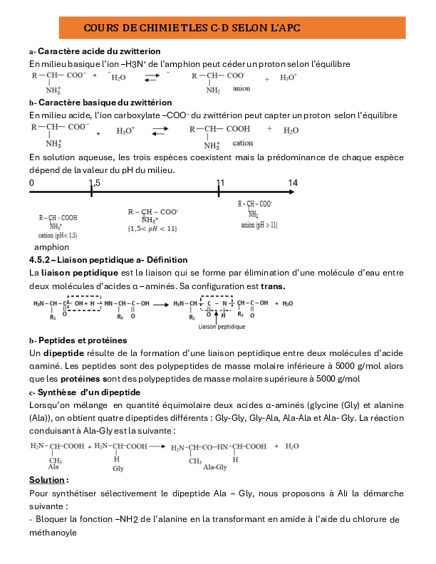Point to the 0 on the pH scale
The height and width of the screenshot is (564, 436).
coord(31,183)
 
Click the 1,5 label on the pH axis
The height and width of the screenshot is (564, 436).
coord(94,183)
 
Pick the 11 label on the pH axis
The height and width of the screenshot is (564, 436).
coord(220,183)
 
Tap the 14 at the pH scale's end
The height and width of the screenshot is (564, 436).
coord(292,183)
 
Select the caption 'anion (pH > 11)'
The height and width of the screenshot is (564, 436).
coord(259,225)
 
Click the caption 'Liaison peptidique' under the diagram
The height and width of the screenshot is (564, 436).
coord(222,326)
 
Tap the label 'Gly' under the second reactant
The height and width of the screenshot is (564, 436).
coord(118,469)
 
